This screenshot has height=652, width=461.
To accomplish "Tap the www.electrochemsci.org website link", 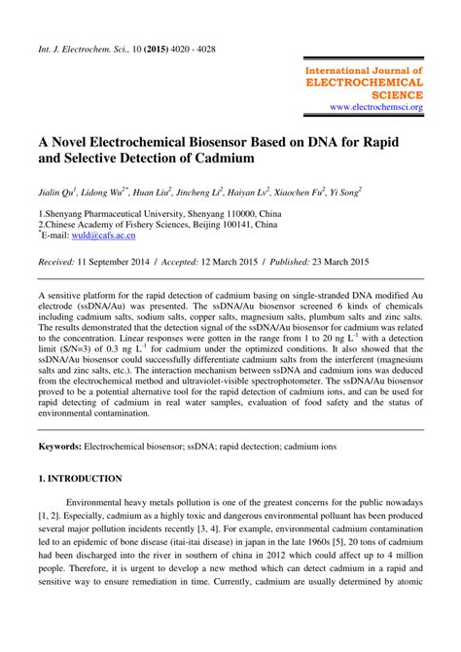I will (x=375, y=106).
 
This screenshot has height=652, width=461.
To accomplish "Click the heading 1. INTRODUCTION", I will (x=80, y=479).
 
